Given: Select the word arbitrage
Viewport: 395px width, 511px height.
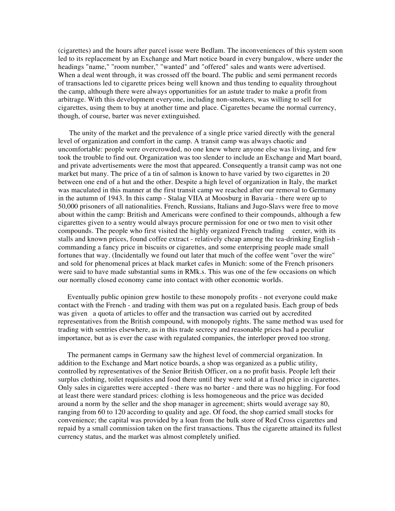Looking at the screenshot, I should click(71, 100).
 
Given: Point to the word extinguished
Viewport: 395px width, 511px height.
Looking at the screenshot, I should click(182, 116).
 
